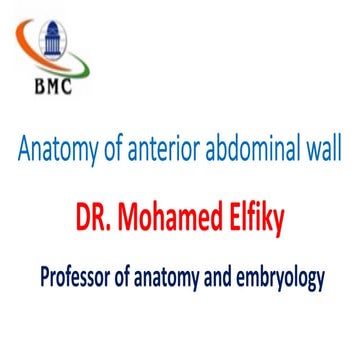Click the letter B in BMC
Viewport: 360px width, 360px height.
point(40,87)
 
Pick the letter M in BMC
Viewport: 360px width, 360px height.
point(55,87)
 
